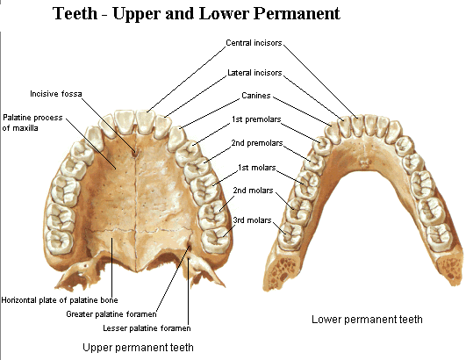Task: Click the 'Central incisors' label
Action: [254, 43]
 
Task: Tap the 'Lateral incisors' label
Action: [255, 73]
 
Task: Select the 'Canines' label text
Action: [256, 96]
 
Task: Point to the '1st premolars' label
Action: [256, 119]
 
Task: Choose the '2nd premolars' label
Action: [257, 143]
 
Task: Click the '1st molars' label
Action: [257, 168]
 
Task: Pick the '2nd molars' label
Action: [253, 191]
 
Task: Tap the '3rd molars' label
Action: [253, 220]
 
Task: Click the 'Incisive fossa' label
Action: [56, 94]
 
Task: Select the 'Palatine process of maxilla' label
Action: [32, 123]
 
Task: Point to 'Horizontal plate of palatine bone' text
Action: [60, 300]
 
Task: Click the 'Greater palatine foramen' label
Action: [111, 314]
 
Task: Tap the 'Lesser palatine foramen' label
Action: [147, 328]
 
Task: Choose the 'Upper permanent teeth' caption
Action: [138, 347]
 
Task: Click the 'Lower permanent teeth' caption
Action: [367, 320]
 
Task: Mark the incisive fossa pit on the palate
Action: [134, 154]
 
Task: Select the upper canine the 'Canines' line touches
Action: [176, 138]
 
